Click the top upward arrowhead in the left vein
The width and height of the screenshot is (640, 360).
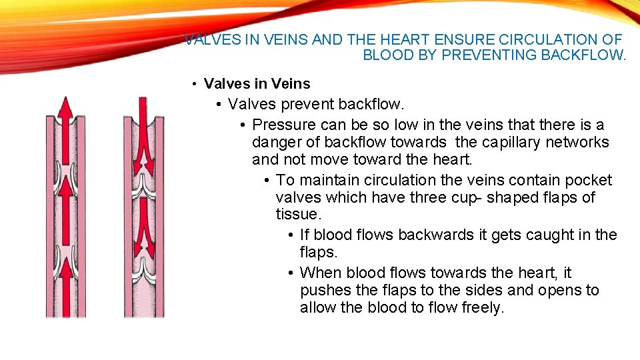(x=65, y=107)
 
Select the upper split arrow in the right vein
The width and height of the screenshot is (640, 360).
(x=143, y=143)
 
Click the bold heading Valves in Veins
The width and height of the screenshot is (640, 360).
(x=257, y=84)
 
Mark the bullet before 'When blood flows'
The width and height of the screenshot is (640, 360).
(x=292, y=273)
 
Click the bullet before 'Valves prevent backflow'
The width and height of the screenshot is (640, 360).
(x=220, y=105)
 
